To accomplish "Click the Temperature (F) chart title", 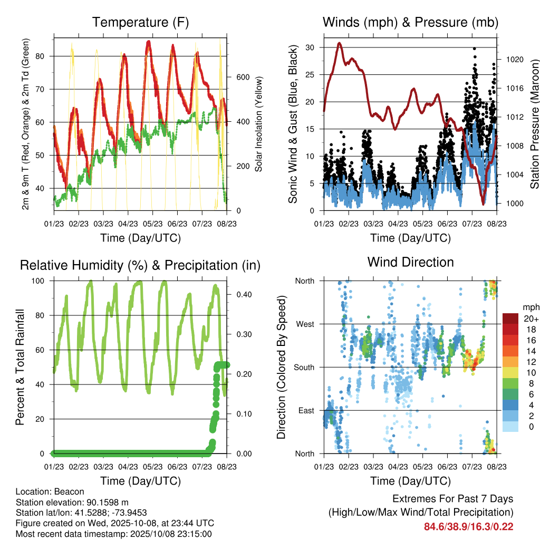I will [140, 23].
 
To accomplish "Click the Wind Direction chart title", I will [410, 262].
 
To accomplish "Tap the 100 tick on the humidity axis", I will [43, 281].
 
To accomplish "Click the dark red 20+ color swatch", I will [510, 319].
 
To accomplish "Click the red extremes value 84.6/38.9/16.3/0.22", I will [468, 526].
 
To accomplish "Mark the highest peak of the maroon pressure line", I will [340, 43].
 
